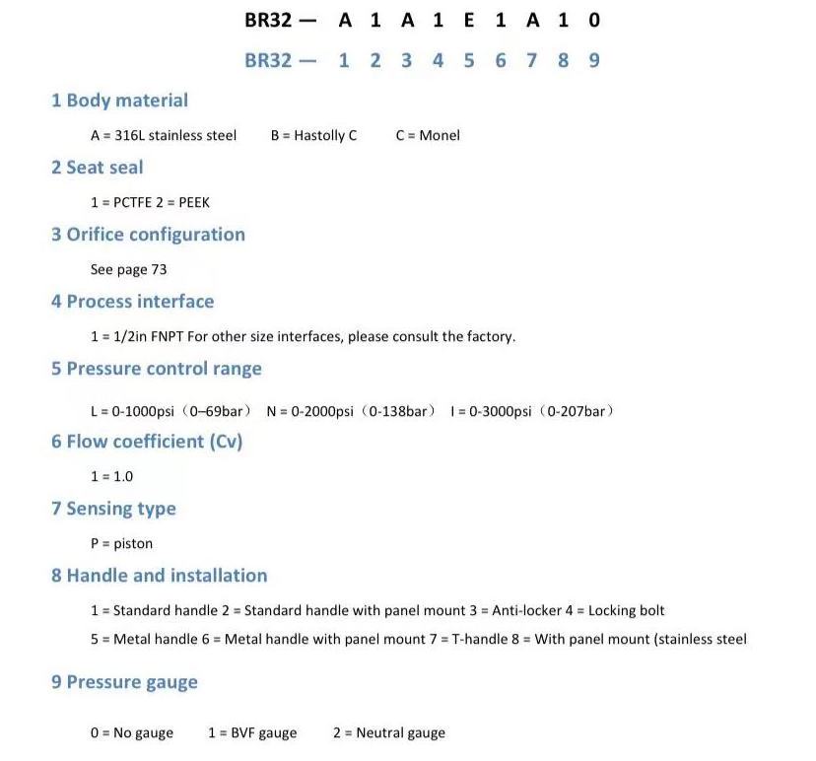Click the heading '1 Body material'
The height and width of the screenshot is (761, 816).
pos(119,101)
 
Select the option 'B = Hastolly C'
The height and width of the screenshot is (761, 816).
pos(313,135)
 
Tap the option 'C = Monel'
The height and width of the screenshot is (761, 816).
pos(428,135)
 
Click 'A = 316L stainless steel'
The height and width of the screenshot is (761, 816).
pos(164,135)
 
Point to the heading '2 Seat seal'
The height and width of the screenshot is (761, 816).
pos(97,168)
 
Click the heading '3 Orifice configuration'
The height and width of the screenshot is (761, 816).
pos(148,235)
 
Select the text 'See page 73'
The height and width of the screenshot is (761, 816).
pos(128,269)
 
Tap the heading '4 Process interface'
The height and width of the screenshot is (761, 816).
pos(132,302)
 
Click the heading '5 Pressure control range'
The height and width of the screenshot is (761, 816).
pos(157,369)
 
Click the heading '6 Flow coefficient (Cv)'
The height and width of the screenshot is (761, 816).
pos(147,442)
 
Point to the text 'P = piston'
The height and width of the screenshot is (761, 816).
pos(121,543)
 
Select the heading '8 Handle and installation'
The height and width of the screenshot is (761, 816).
pos(159,576)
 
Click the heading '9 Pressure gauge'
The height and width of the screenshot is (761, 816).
pos(124,682)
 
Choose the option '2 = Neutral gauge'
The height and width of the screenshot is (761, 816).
pos(388,732)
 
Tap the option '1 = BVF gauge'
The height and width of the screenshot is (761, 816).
pos(252,732)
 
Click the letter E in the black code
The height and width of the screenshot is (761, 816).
pos(469,20)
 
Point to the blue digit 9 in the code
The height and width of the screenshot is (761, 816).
pos(594,60)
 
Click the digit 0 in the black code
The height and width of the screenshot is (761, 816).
pos(594,20)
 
